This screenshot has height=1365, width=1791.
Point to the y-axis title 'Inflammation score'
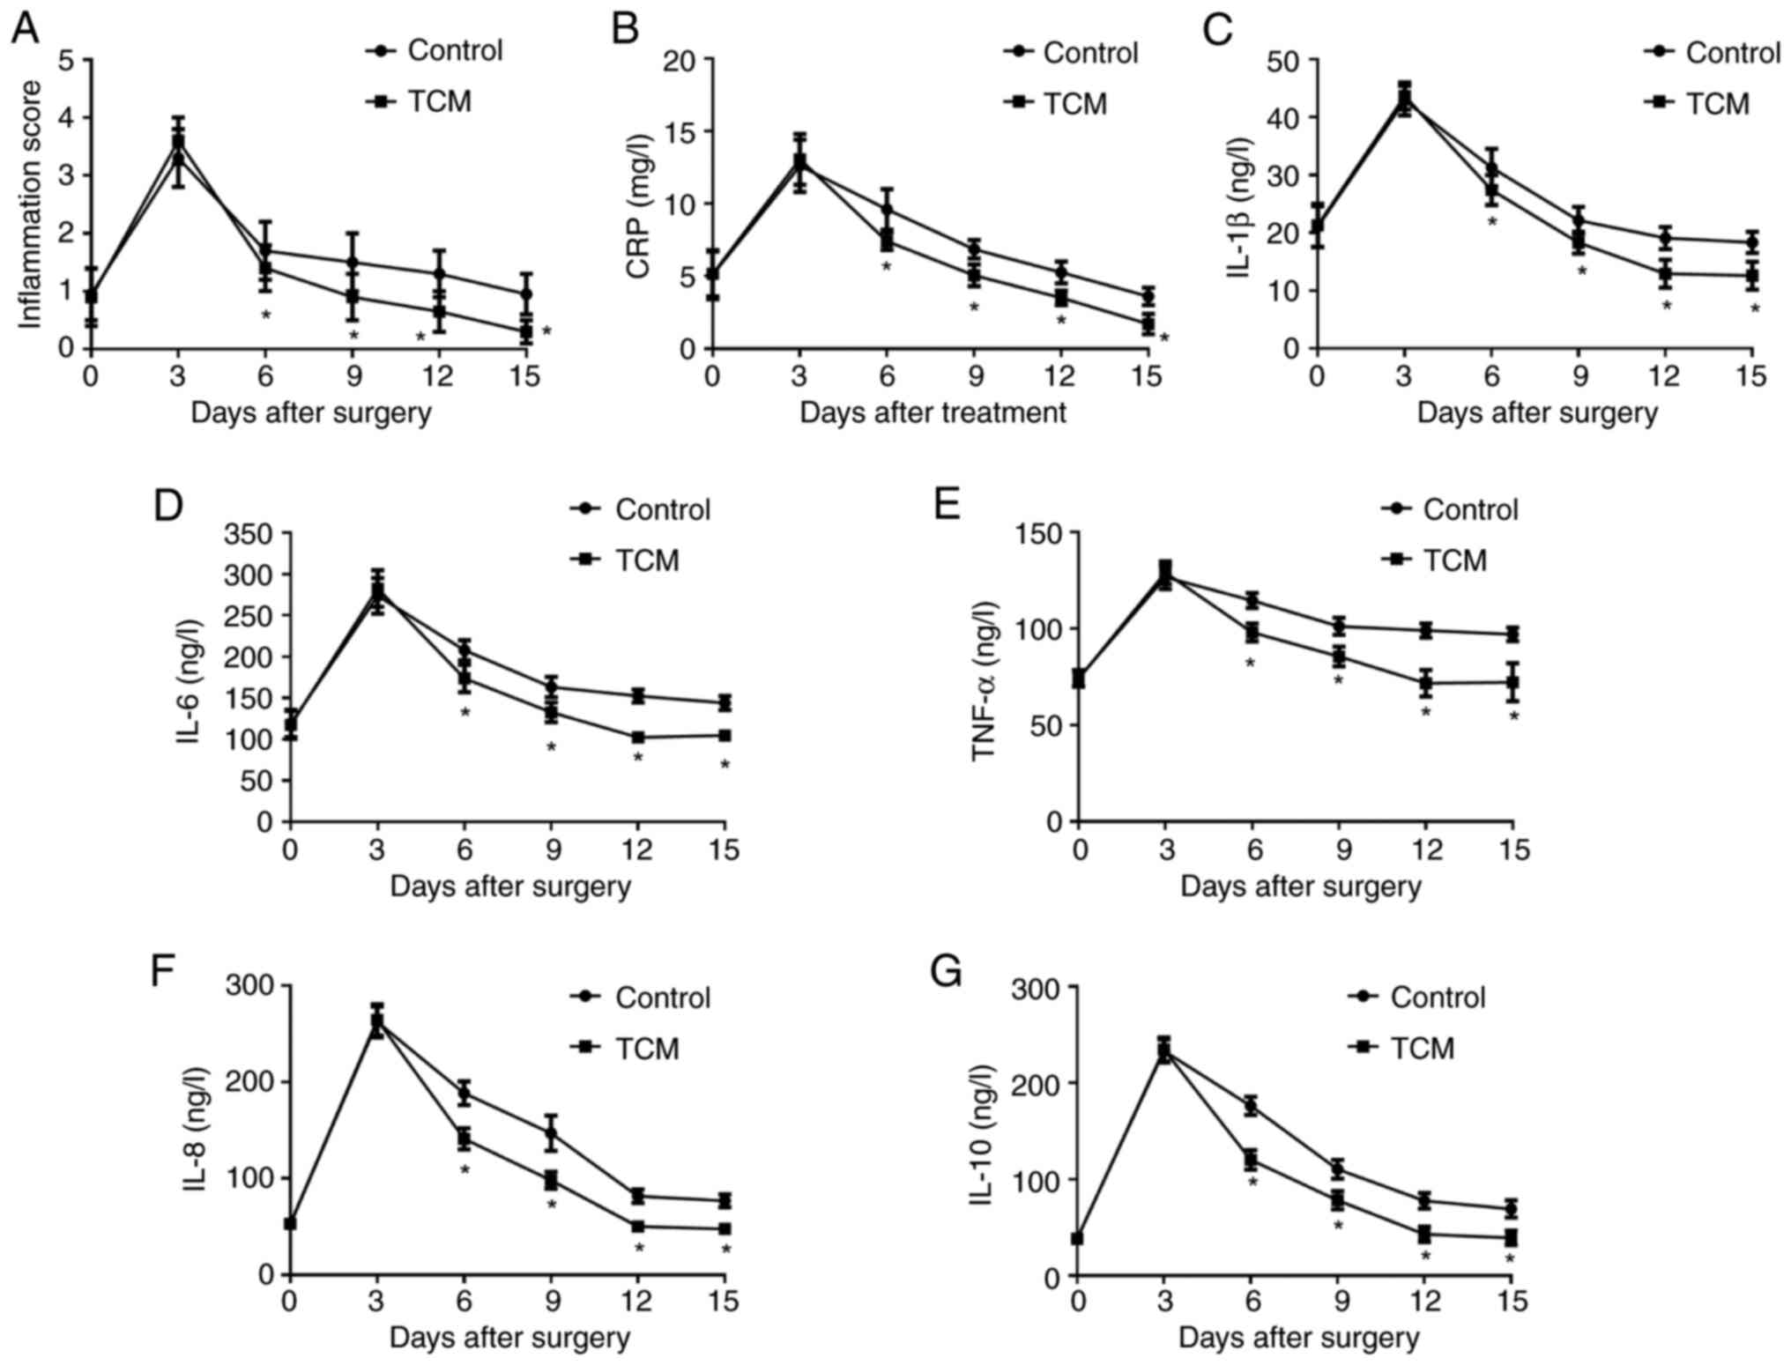pyautogui.click(x=31, y=204)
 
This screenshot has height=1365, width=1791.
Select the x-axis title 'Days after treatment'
pyautogui.click(x=933, y=412)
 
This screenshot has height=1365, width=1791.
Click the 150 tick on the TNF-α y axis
pyautogui.click(x=1041, y=533)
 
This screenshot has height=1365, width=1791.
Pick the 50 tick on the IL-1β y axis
pyautogui.click(x=1284, y=60)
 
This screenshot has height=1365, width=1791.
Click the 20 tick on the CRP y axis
pyautogui.click(x=680, y=60)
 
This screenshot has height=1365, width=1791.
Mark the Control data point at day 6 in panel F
pyautogui.click(x=464, y=1094)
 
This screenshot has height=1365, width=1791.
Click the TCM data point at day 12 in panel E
pyautogui.click(x=1425, y=683)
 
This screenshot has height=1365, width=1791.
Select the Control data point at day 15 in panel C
pyautogui.click(x=1752, y=242)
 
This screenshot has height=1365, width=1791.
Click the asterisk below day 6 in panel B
pyautogui.click(x=887, y=267)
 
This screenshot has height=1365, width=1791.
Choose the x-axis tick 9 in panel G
pyautogui.click(x=1338, y=1302)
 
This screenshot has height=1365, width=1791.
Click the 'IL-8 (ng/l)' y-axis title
pyautogui.click(x=197, y=1129)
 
